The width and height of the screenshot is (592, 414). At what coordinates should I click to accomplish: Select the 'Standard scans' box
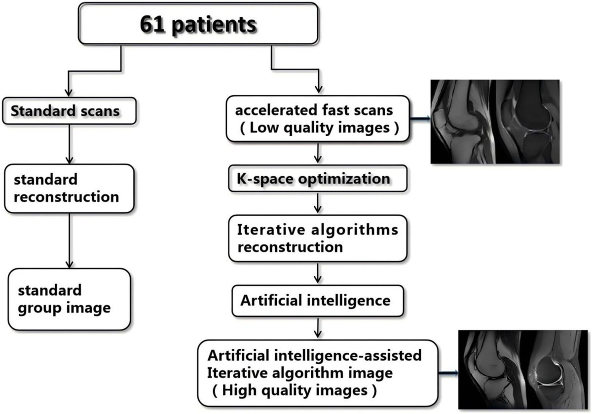(x=69, y=111)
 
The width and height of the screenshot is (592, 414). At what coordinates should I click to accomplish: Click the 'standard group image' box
(x=69, y=300)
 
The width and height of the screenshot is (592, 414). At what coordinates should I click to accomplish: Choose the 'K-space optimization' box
(x=318, y=178)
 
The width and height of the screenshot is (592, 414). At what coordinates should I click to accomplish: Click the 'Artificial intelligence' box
(x=318, y=300)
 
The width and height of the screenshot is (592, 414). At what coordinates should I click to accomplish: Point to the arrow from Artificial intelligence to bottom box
(x=318, y=325)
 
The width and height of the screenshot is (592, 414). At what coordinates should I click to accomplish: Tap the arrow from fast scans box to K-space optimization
(x=318, y=153)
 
